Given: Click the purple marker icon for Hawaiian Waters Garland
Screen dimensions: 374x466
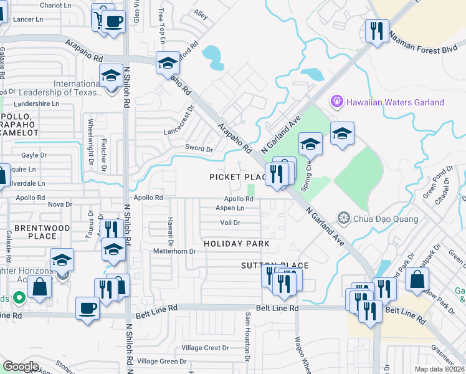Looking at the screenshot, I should [x=337, y=100].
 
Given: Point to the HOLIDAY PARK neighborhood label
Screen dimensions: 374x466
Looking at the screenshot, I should [x=237, y=244].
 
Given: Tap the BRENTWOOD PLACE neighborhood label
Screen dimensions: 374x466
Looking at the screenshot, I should [x=35, y=232].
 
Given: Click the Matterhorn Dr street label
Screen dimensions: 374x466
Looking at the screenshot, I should [x=174, y=251].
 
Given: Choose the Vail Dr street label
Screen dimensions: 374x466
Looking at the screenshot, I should [x=230, y=223].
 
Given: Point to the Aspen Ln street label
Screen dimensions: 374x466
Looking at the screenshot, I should [x=230, y=208].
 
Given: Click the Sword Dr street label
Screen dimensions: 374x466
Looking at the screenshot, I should [x=199, y=148].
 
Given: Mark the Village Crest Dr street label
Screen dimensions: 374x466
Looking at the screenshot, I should [x=206, y=347].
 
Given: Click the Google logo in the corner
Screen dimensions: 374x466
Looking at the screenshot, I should [x=21, y=367].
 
